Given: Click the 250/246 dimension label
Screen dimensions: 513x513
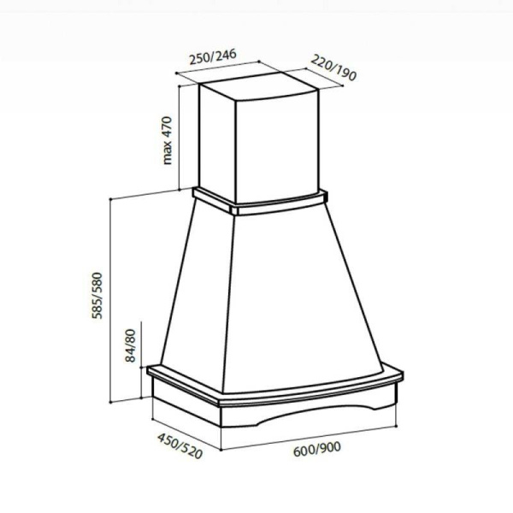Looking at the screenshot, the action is coord(213,56).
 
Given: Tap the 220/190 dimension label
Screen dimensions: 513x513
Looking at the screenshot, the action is coord(333,68).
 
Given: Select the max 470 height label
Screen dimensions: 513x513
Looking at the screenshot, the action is coord(168,140).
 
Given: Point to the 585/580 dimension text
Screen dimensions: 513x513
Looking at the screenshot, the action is coord(97,296).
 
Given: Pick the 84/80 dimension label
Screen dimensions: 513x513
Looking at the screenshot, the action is coord(130,345).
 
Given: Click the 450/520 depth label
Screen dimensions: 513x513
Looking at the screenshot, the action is coord(180,446).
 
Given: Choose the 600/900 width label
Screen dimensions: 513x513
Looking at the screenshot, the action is coord(317,449).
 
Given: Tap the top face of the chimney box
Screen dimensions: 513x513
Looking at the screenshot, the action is coord(258,85).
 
